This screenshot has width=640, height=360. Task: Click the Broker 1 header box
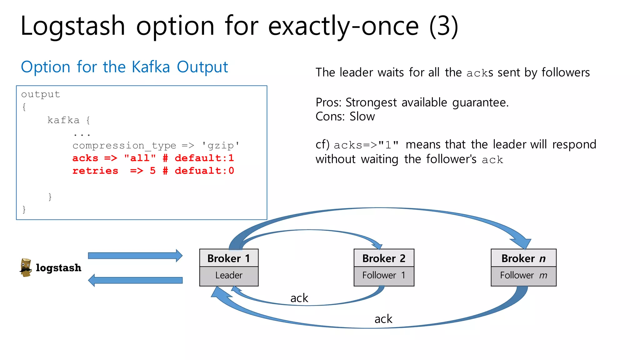(229, 258)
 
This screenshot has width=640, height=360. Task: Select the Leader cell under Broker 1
(229, 276)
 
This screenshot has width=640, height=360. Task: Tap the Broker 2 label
(384, 258)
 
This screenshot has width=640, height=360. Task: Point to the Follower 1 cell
(384, 276)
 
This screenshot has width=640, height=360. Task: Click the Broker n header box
(523, 258)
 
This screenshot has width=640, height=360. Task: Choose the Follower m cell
(523, 276)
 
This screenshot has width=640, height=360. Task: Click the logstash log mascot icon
(26, 267)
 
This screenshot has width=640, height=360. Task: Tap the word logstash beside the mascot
(58, 268)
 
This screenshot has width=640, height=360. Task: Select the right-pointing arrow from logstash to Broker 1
(135, 256)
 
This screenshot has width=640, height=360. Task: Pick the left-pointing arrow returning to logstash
(135, 280)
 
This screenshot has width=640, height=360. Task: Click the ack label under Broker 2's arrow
(299, 298)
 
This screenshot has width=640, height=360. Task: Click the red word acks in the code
(85, 158)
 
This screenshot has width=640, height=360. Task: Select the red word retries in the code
(95, 171)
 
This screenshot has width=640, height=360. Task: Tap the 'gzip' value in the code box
(221, 146)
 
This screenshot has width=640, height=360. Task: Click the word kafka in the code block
(63, 120)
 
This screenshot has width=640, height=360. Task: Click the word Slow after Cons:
(362, 117)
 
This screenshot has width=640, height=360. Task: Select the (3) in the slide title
(444, 26)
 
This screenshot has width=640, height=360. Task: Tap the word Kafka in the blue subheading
(151, 67)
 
